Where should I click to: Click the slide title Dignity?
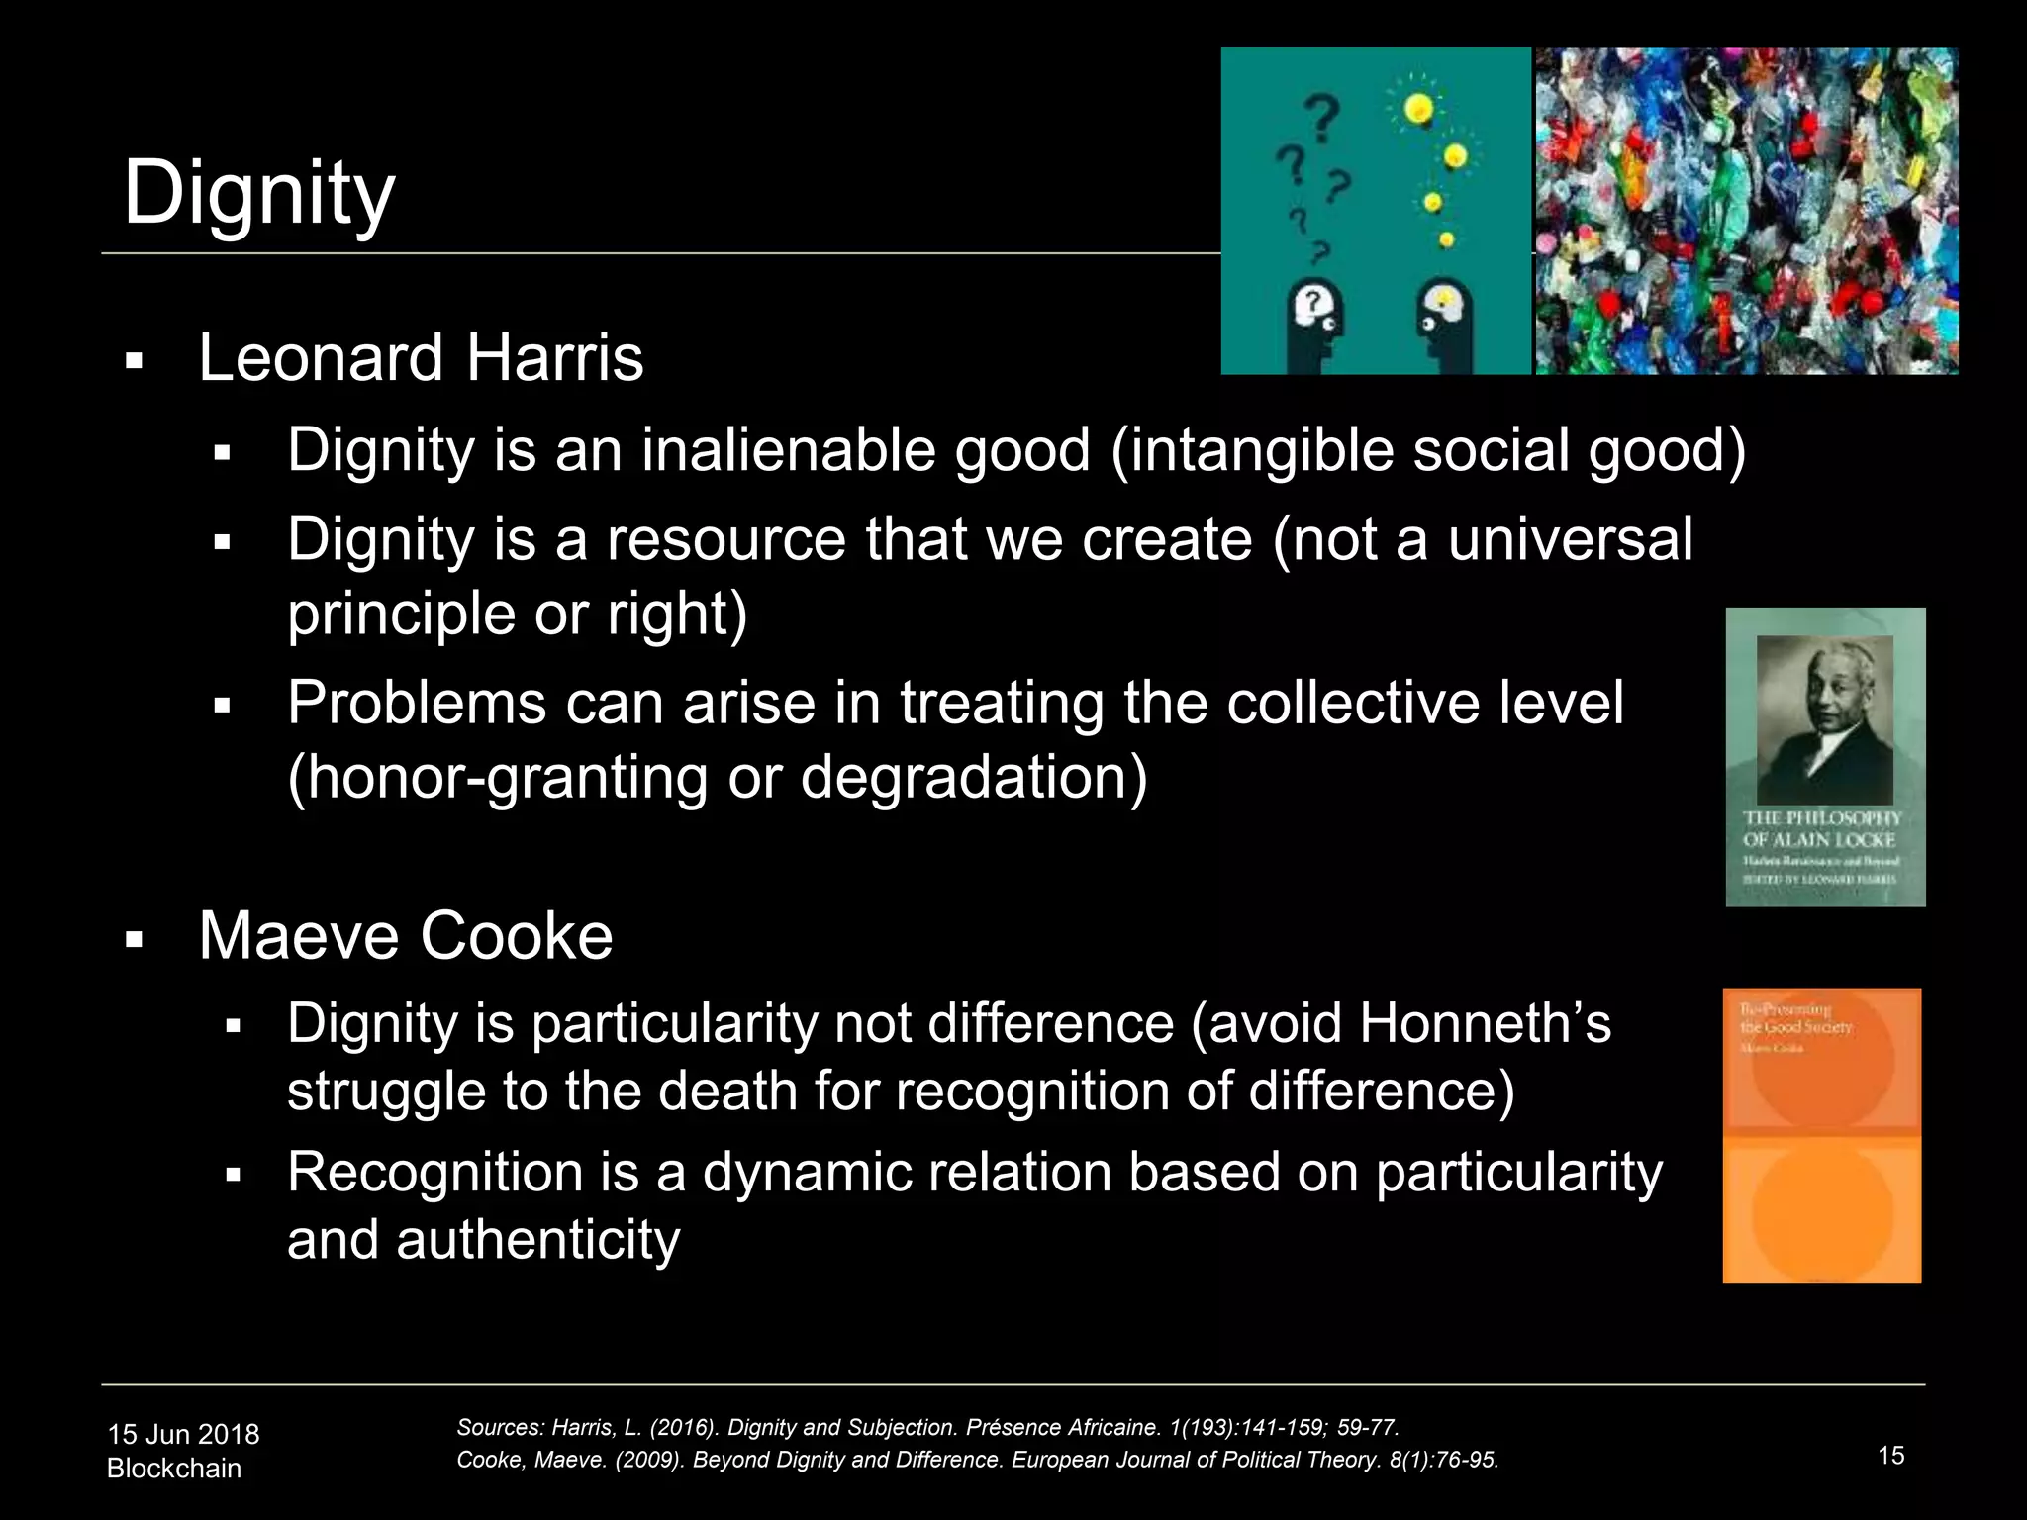[x=258, y=193]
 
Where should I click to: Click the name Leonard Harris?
[x=421, y=357]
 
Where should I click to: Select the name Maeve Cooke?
[x=405, y=935]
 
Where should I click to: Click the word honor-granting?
[x=497, y=777]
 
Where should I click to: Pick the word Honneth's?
[x=1485, y=1023]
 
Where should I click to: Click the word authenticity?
[x=537, y=1240]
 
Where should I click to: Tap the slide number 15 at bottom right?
[x=1890, y=1456]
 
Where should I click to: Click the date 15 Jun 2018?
[x=183, y=1434]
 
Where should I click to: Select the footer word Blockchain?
[x=174, y=1469]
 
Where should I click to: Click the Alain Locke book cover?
[x=1825, y=757]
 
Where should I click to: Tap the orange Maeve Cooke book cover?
[x=1821, y=1135]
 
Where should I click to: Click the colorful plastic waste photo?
[x=1747, y=211]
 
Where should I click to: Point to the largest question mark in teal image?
[x=1323, y=117]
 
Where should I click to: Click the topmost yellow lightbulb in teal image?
[x=1419, y=109]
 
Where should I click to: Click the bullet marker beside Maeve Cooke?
[x=135, y=939]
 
